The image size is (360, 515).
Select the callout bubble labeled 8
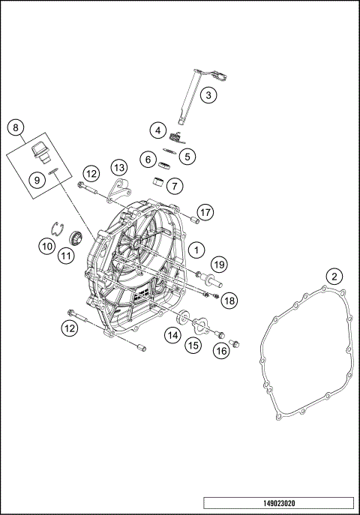tap(16, 127)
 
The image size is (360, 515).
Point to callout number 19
tap(218, 264)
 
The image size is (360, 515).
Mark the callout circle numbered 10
tap(46, 245)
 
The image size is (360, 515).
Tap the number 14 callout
tap(172, 334)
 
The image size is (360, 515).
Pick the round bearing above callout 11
tap(74, 238)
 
